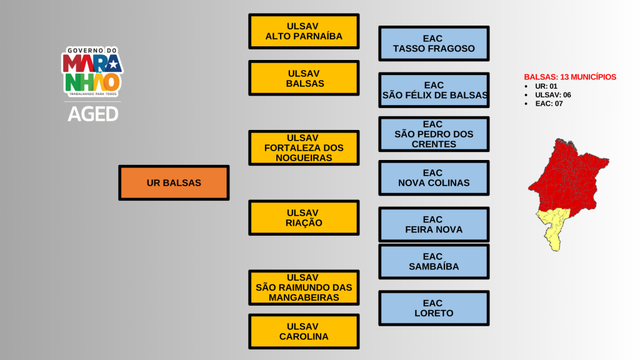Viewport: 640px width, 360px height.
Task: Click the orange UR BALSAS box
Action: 174,182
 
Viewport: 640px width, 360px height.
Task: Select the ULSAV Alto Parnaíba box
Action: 304,31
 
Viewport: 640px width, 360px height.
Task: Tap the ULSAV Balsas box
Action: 304,78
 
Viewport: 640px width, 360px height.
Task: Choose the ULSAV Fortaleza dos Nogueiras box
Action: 304,148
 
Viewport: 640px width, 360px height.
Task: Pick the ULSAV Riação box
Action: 304,217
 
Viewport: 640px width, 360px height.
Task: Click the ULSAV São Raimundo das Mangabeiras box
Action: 304,287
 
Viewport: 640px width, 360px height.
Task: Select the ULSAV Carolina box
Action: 304,331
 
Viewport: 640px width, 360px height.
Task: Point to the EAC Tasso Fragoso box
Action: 434,43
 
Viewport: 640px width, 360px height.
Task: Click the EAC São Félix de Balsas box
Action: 434,90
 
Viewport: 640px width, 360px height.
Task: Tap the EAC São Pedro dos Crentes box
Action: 434,134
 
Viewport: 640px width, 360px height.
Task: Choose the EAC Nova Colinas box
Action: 434,177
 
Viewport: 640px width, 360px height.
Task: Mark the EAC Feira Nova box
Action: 434,224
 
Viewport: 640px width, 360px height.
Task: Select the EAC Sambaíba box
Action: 434,261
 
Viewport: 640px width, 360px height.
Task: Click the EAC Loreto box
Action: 434,308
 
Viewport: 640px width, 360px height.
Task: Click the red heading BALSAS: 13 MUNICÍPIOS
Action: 569,77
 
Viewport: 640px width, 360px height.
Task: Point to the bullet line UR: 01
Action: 546,86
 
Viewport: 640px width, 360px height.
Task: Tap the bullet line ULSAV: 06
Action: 552,95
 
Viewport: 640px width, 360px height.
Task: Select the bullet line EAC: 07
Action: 549,104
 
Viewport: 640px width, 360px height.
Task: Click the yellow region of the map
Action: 553,225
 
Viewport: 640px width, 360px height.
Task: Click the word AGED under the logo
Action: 92,114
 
